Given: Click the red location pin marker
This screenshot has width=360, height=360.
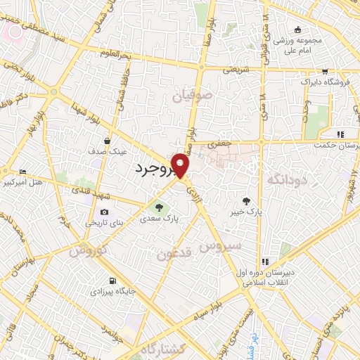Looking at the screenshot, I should click(181, 165).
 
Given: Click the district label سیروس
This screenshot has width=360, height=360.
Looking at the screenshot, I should click(220, 247).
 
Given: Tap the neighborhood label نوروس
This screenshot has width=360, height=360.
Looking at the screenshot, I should click(91, 250).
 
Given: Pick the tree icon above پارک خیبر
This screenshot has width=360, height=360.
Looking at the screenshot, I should click(245, 199).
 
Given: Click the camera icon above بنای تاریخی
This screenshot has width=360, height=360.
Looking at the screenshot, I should click(105, 212).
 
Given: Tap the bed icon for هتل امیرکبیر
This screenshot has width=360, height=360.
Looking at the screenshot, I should click(23, 172).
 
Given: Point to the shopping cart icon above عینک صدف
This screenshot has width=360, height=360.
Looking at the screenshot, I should click(108, 140).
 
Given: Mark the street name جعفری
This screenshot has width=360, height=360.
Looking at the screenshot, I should click(219, 143).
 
